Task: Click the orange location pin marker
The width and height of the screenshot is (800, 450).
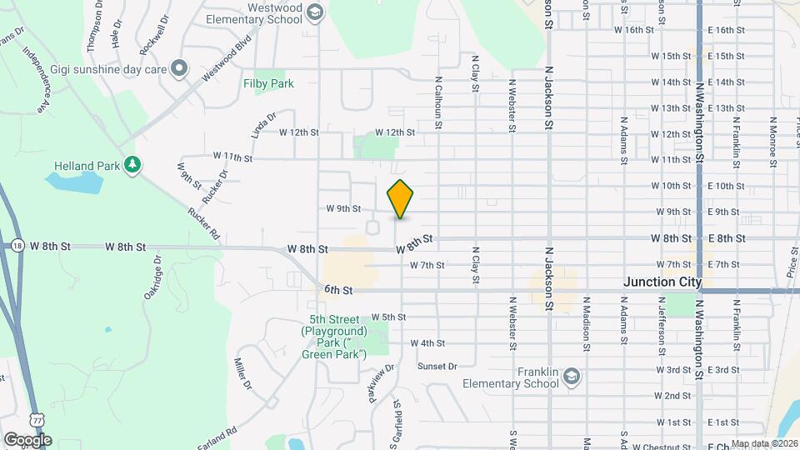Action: click(401, 198)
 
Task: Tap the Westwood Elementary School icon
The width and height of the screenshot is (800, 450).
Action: click(315, 11)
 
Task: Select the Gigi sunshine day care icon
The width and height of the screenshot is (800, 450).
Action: click(177, 67)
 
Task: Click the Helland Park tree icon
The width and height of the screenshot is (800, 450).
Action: click(131, 165)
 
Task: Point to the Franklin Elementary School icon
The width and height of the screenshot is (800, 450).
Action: click(572, 377)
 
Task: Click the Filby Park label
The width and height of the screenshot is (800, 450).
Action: click(268, 83)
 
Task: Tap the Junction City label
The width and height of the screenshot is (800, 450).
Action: click(662, 282)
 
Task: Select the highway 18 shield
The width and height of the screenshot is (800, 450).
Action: click(18, 246)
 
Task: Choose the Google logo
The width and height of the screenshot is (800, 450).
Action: click(27, 439)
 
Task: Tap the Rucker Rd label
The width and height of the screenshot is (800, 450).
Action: click(204, 224)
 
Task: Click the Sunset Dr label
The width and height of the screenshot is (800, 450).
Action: click(437, 366)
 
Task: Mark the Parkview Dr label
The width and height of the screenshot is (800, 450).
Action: click(377, 380)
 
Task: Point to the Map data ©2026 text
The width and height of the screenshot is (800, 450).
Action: click(763, 444)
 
